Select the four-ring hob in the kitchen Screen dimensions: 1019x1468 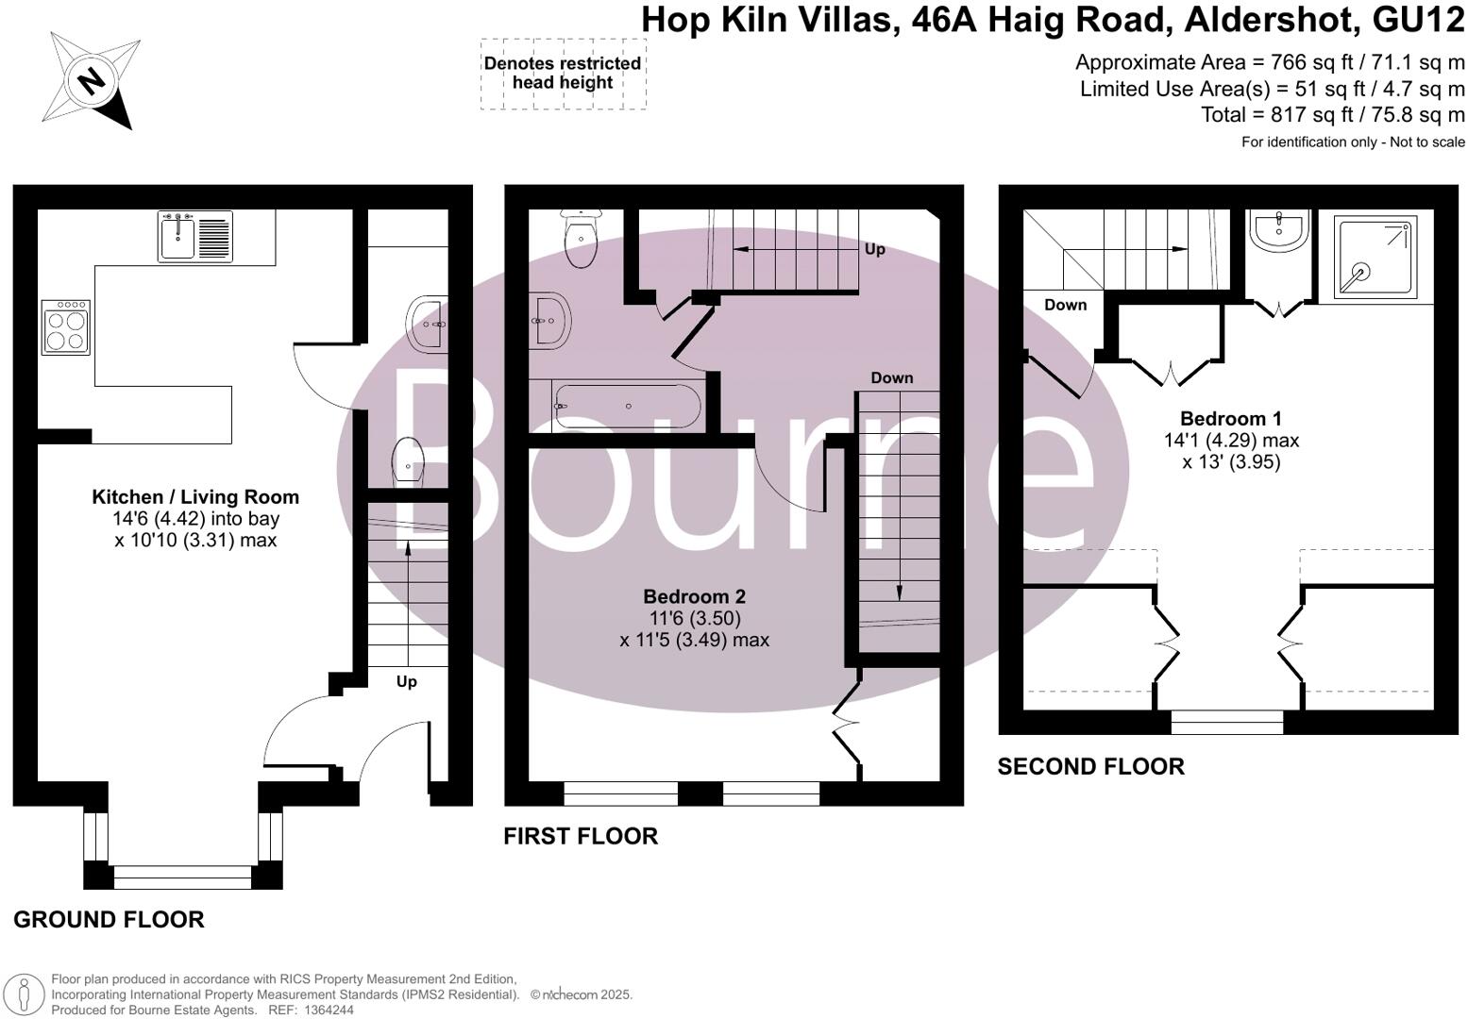66,327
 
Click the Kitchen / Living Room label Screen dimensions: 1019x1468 194,497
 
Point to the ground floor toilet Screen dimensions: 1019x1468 409,460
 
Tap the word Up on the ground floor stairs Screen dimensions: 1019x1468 406,681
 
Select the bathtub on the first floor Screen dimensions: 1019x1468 627,406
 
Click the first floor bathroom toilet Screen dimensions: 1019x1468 580,239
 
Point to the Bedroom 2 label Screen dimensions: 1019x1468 694,596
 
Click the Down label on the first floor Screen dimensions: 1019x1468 891,378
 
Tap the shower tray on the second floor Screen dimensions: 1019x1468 1375,256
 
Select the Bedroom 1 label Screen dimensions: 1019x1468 1231,419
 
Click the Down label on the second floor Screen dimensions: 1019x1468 1065,305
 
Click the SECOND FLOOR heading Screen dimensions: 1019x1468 1090,766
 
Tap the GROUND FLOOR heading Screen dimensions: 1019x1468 109,919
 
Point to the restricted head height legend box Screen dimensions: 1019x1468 563,74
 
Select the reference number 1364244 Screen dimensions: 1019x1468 326,1010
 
